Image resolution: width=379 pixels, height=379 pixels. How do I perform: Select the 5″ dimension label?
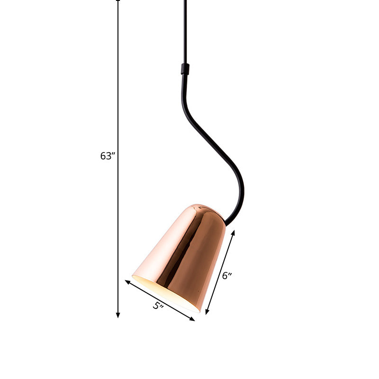pos(158,306)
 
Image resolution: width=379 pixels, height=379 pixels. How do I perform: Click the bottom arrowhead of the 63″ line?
pos(118,315)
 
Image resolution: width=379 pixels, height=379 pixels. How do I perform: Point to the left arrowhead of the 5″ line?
pos(127,282)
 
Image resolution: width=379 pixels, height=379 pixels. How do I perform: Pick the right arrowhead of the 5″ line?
pos(192,319)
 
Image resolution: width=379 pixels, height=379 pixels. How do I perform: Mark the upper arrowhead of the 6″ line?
pos(233,233)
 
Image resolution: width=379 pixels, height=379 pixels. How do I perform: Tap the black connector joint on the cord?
pos(185,69)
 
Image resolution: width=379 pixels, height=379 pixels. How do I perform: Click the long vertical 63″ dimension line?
pos(118,95)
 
